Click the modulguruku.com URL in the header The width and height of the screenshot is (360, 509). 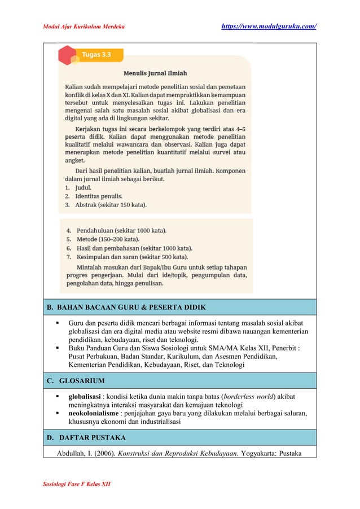(x=268, y=26)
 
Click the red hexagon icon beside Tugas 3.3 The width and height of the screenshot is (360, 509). (x=66, y=55)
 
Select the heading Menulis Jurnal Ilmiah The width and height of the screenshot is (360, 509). (x=155, y=73)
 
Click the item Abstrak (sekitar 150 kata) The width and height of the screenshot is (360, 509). (x=111, y=204)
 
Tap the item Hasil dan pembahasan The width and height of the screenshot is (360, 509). (x=129, y=248)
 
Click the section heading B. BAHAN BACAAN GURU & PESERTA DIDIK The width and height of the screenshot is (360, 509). (x=126, y=307)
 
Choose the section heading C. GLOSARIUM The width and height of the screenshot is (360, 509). (x=76, y=380)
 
